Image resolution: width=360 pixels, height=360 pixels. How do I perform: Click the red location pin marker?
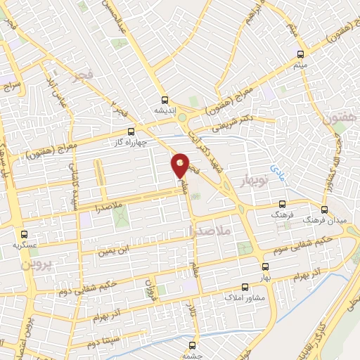tap(181, 165)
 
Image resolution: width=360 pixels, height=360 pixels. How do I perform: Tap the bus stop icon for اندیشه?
tap(165, 100)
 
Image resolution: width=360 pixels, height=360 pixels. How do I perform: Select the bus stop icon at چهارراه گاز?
tap(131, 131)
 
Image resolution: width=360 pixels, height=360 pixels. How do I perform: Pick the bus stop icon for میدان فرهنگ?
tap(324, 209)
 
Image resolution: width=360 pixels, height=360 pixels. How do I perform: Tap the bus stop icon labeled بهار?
tap(265, 267)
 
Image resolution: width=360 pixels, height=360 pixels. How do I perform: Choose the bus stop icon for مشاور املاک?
tap(245, 287)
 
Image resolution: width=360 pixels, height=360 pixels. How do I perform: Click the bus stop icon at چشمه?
tap(192, 345)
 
